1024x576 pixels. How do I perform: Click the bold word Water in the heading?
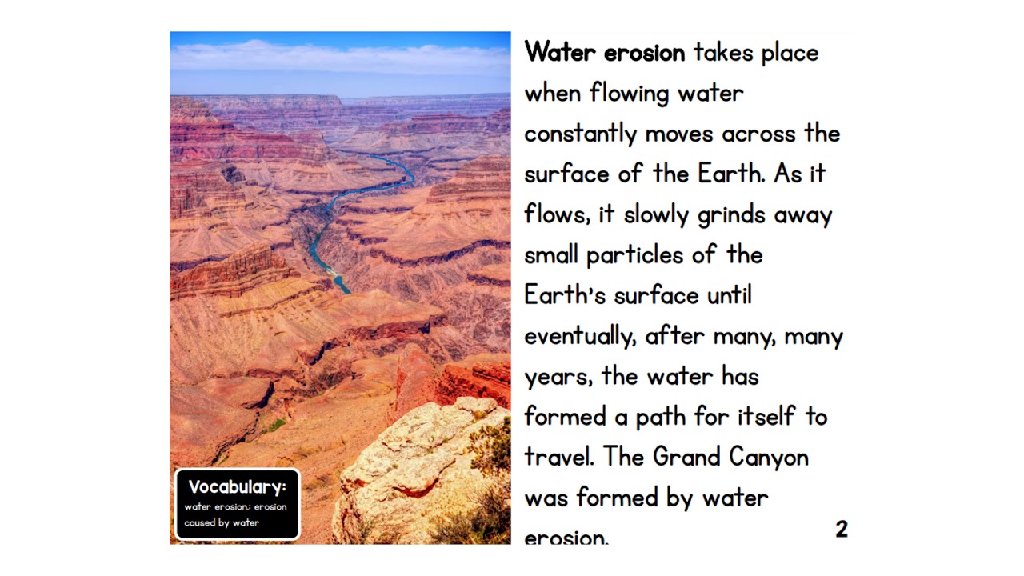559,53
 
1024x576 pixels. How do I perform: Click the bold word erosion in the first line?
644,53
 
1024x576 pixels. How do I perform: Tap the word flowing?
629,94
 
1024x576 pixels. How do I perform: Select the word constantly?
580,134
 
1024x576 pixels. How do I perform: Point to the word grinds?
731,216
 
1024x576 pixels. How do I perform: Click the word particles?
636,255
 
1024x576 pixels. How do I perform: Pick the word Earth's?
565,295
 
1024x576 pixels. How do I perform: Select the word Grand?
687,458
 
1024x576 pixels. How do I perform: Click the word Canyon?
769,458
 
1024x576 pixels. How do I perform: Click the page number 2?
842,529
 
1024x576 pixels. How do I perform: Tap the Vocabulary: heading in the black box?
237,487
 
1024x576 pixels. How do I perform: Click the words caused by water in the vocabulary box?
222,523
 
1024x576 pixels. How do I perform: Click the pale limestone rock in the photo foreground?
416,456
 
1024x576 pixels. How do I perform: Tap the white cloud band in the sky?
340,58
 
